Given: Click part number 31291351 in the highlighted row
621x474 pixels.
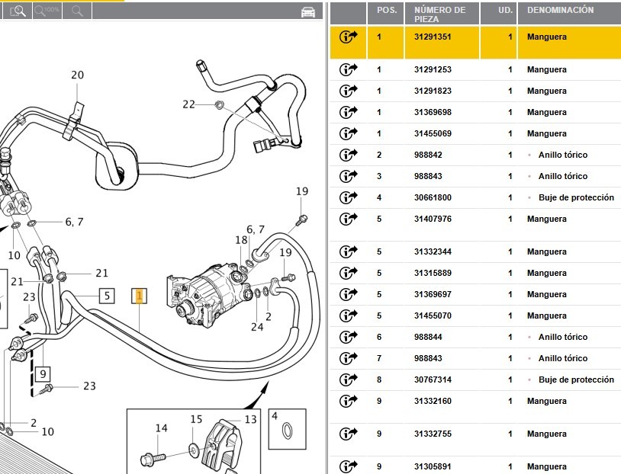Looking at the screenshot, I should coord(433,37).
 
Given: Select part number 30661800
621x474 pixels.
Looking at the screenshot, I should coord(433,197).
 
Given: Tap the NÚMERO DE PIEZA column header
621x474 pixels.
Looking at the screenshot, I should coord(439,14).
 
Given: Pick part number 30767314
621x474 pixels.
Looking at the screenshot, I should coord(433,380).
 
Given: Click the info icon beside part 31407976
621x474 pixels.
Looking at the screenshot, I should coord(349,219).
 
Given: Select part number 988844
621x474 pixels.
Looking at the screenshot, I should coord(427,337).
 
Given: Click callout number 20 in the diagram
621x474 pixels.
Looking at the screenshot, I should coord(77,75).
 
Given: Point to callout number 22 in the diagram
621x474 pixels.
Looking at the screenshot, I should coord(188,104).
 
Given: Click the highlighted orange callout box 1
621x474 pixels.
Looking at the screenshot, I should coord(139,296).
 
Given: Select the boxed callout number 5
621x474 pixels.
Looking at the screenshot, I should coord(108,295).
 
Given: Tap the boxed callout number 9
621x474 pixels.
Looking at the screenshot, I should coord(43,374).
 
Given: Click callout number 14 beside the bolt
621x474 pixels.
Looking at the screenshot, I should coord(161,428).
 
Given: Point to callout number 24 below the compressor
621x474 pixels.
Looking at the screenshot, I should coord(257,328).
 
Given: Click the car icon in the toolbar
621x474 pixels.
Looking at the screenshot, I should coord(308,11).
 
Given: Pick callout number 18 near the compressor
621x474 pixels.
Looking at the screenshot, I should coord(242,241).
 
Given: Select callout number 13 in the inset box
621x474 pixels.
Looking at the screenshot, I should coord(250,420).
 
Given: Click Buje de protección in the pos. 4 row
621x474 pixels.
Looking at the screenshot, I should coord(576,197).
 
